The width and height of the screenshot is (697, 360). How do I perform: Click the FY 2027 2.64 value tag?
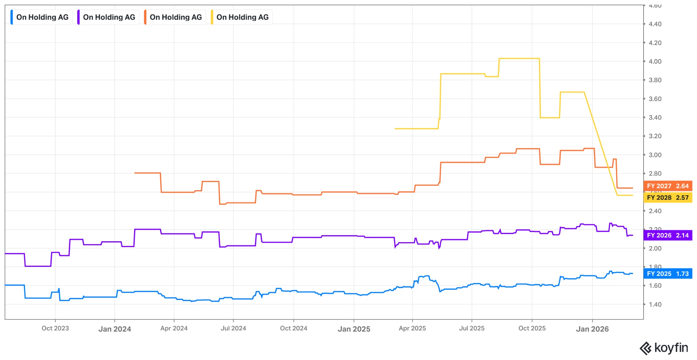point(667,186)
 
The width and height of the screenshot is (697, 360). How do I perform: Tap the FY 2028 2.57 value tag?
point(667,198)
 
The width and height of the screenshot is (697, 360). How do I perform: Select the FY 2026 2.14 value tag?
point(667,235)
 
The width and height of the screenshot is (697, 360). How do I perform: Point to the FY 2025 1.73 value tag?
point(667,274)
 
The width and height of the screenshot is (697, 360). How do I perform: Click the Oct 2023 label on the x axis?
point(55,328)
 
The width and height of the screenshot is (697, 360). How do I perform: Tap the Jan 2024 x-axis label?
point(115,329)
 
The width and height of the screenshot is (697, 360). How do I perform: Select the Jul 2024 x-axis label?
point(233,328)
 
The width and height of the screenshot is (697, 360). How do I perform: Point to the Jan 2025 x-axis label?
point(354,329)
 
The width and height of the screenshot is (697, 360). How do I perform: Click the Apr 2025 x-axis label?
point(412,328)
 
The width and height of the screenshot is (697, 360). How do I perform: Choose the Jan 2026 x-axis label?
point(592,329)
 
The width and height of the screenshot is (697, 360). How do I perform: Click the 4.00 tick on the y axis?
point(655,62)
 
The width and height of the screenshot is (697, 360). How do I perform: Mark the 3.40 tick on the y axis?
point(655,118)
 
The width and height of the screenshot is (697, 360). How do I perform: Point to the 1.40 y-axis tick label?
point(655,305)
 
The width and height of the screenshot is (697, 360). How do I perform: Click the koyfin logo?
point(664,348)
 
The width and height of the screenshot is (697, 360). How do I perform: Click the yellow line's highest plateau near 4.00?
point(519,59)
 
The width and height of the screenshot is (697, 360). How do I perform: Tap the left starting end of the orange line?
point(135,173)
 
